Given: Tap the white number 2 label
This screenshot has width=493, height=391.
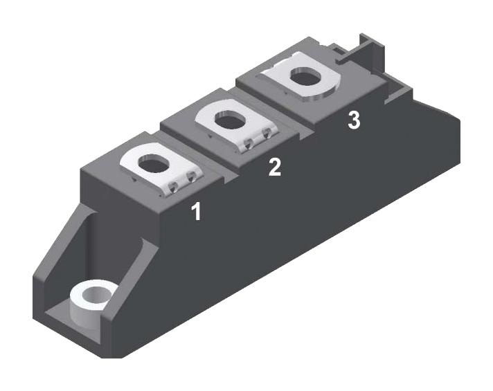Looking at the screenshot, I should tap(275, 167).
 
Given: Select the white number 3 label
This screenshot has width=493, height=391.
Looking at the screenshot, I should tap(353, 120).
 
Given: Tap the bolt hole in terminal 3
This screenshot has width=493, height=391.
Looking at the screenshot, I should tap(305, 78).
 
